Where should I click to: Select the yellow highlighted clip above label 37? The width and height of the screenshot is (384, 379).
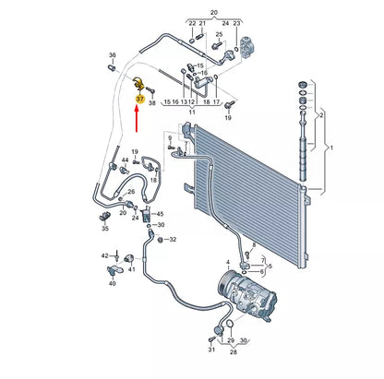coord(139,83)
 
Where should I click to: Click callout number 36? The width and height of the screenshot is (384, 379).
coord(113,54)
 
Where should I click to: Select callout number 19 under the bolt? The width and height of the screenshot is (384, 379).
coord(228,119)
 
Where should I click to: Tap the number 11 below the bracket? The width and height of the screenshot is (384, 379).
coord(191,113)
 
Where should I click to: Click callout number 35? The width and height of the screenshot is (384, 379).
coord(104,228)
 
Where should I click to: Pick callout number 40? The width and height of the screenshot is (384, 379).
coord(112,285)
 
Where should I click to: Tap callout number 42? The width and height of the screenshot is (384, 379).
coord(104,253)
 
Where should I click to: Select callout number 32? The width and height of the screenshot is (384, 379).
coord(172,240)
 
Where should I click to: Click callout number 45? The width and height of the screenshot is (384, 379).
coord(159,215)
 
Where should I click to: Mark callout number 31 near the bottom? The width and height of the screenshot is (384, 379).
coord(211,350)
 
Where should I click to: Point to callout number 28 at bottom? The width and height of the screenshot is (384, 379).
coord(233,352)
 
